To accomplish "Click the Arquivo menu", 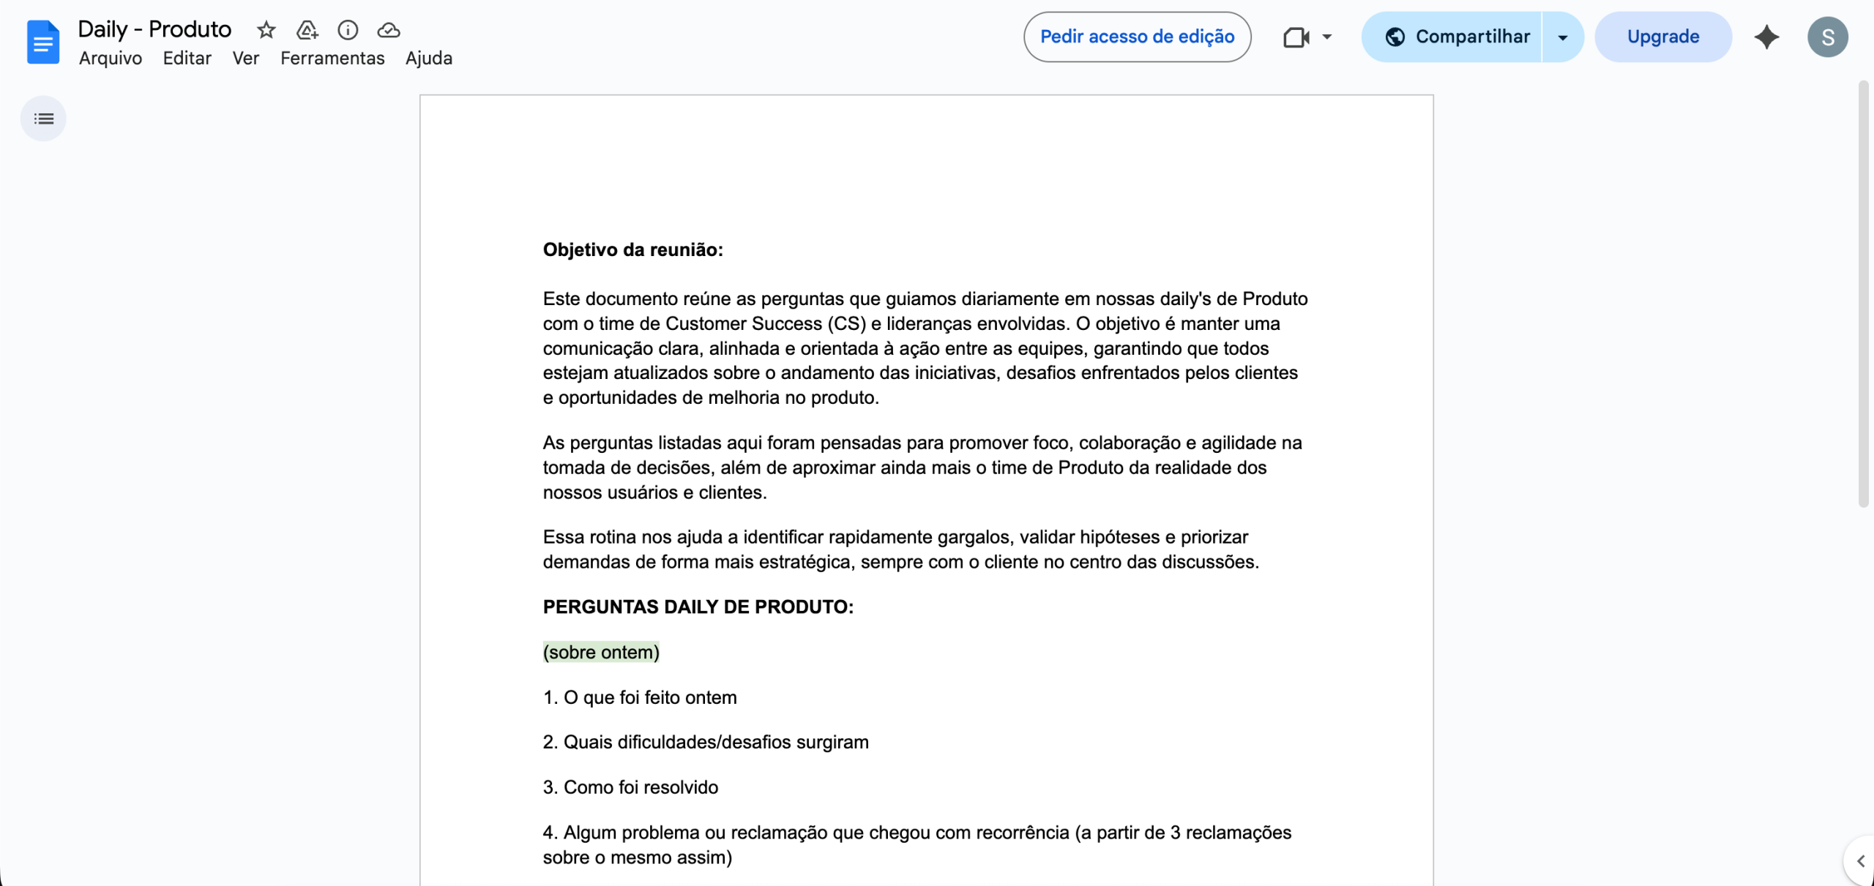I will pyautogui.click(x=111, y=59).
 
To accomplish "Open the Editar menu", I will pyautogui.click(x=187, y=59).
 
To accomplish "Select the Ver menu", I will pyautogui.click(x=246, y=59).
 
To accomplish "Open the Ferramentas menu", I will pyautogui.click(x=332, y=59).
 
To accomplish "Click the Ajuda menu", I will pyautogui.click(x=429, y=59).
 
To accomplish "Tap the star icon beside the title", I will pyautogui.click(x=266, y=30).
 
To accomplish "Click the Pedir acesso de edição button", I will pyautogui.click(x=1137, y=37).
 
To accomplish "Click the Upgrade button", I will pyautogui.click(x=1663, y=37).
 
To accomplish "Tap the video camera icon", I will pyautogui.click(x=1296, y=37).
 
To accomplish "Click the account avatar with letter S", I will pyautogui.click(x=1827, y=37).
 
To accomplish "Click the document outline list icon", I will pyautogui.click(x=44, y=119).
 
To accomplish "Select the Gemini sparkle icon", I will pyautogui.click(x=1766, y=37).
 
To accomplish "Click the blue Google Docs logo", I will pyautogui.click(x=43, y=42).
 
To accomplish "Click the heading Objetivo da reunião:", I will pyautogui.click(x=632, y=250).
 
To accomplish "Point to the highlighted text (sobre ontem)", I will pyautogui.click(x=601, y=652).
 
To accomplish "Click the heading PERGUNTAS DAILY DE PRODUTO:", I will pyautogui.click(x=698, y=607).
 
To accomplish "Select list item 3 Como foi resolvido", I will pyautogui.click(x=630, y=787).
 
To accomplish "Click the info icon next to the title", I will pyautogui.click(x=348, y=30).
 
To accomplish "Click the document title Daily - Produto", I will pyautogui.click(x=154, y=29).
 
